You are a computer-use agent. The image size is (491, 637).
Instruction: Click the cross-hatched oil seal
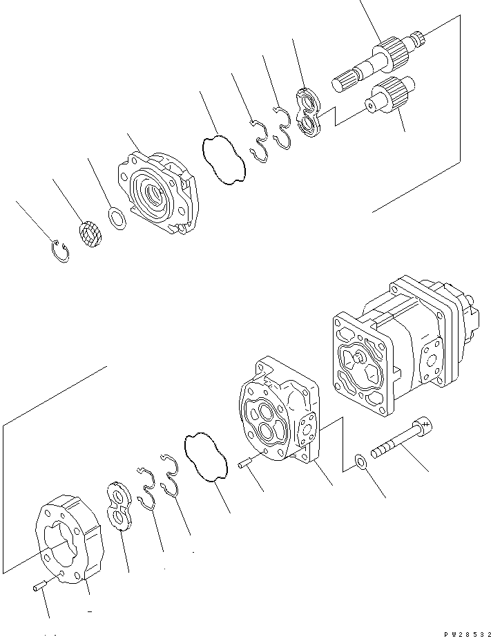[x=88, y=232]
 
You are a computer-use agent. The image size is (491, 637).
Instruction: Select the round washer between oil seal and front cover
[x=118, y=220]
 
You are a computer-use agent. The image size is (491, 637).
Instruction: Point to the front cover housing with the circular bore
[x=157, y=191]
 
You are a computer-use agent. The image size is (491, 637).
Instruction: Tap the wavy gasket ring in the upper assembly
[x=223, y=161]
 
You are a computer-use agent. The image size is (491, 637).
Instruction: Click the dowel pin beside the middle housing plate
[x=245, y=465]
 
